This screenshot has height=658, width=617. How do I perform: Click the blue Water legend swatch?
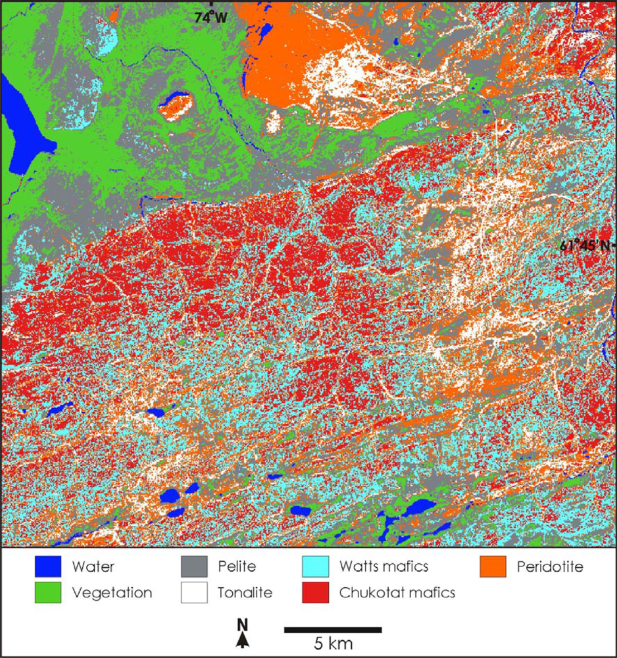coord(48,566)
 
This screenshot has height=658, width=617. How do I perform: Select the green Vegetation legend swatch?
coord(48,592)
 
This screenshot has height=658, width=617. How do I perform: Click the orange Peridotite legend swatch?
coord(493,566)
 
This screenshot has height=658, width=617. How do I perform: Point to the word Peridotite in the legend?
coord(550,566)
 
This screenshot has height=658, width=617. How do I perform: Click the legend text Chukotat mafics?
coord(397,592)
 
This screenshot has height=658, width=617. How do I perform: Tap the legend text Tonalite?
coord(245,592)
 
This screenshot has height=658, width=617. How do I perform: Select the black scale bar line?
coord(333,630)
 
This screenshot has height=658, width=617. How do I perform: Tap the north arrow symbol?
coord(243,640)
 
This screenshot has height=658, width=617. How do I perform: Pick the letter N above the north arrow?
coord(242,624)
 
